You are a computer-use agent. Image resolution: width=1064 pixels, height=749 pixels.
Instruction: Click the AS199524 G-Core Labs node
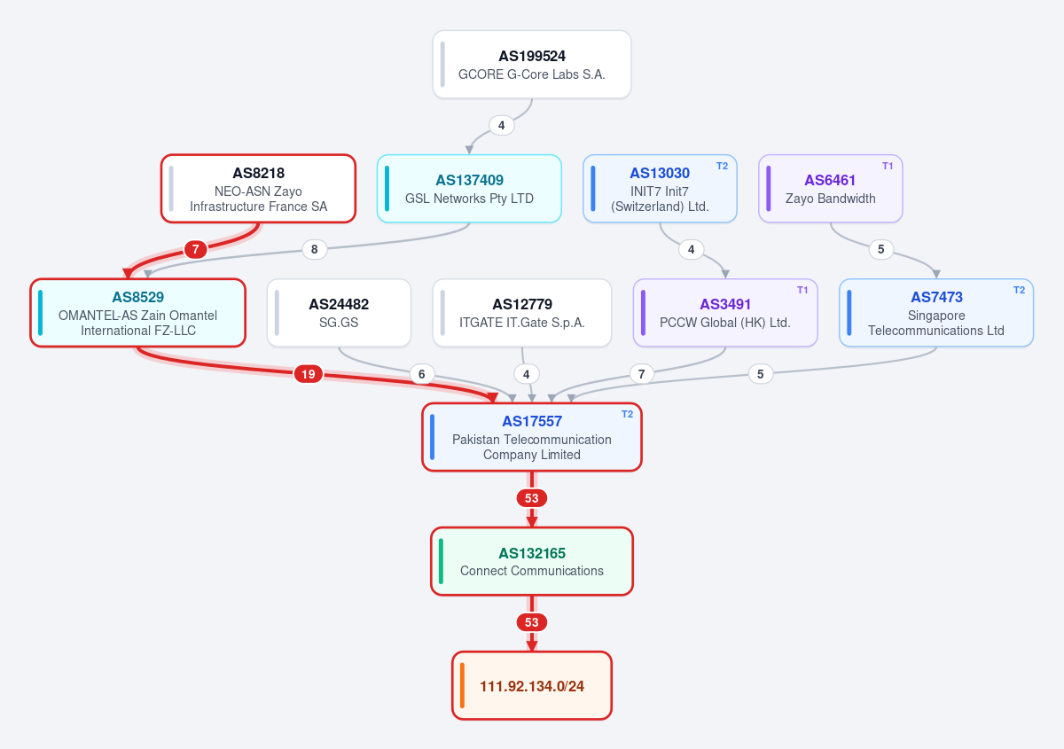[x=531, y=65]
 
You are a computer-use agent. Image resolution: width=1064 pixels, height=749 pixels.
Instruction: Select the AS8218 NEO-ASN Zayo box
[x=258, y=189]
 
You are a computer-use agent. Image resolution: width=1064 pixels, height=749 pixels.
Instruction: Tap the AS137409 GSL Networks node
[x=469, y=189]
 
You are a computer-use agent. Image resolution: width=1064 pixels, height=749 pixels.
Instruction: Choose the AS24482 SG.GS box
[x=339, y=313]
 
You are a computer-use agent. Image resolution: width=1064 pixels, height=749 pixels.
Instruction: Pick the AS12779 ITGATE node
[x=522, y=313]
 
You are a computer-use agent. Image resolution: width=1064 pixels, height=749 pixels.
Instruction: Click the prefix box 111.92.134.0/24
[x=531, y=685]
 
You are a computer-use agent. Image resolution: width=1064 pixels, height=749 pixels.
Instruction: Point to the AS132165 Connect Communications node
[x=531, y=561]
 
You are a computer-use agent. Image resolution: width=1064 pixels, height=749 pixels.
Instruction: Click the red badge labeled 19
[x=309, y=374]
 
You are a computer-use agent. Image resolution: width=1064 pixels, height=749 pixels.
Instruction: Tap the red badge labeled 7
[x=195, y=249]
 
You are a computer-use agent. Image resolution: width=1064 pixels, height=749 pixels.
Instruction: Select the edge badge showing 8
[x=315, y=249]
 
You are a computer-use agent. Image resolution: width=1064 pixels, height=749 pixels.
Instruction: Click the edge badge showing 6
[x=422, y=374]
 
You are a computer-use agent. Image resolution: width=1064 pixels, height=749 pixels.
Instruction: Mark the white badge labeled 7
[x=641, y=374]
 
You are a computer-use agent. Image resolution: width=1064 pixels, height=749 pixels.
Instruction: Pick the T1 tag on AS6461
[x=888, y=166]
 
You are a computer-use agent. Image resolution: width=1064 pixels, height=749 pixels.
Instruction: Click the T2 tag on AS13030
[x=722, y=166]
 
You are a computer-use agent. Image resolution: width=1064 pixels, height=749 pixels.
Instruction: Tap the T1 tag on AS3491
[x=802, y=290]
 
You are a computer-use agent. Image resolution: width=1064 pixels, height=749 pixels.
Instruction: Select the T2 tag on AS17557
[x=627, y=414]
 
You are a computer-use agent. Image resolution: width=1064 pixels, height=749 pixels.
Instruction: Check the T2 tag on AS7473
[x=1019, y=290]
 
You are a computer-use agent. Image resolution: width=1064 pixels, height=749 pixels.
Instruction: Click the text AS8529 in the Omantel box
[x=137, y=297]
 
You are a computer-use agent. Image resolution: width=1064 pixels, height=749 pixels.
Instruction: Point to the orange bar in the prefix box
[x=462, y=685]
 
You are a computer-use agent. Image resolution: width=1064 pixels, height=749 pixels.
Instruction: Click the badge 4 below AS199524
[x=502, y=125]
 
